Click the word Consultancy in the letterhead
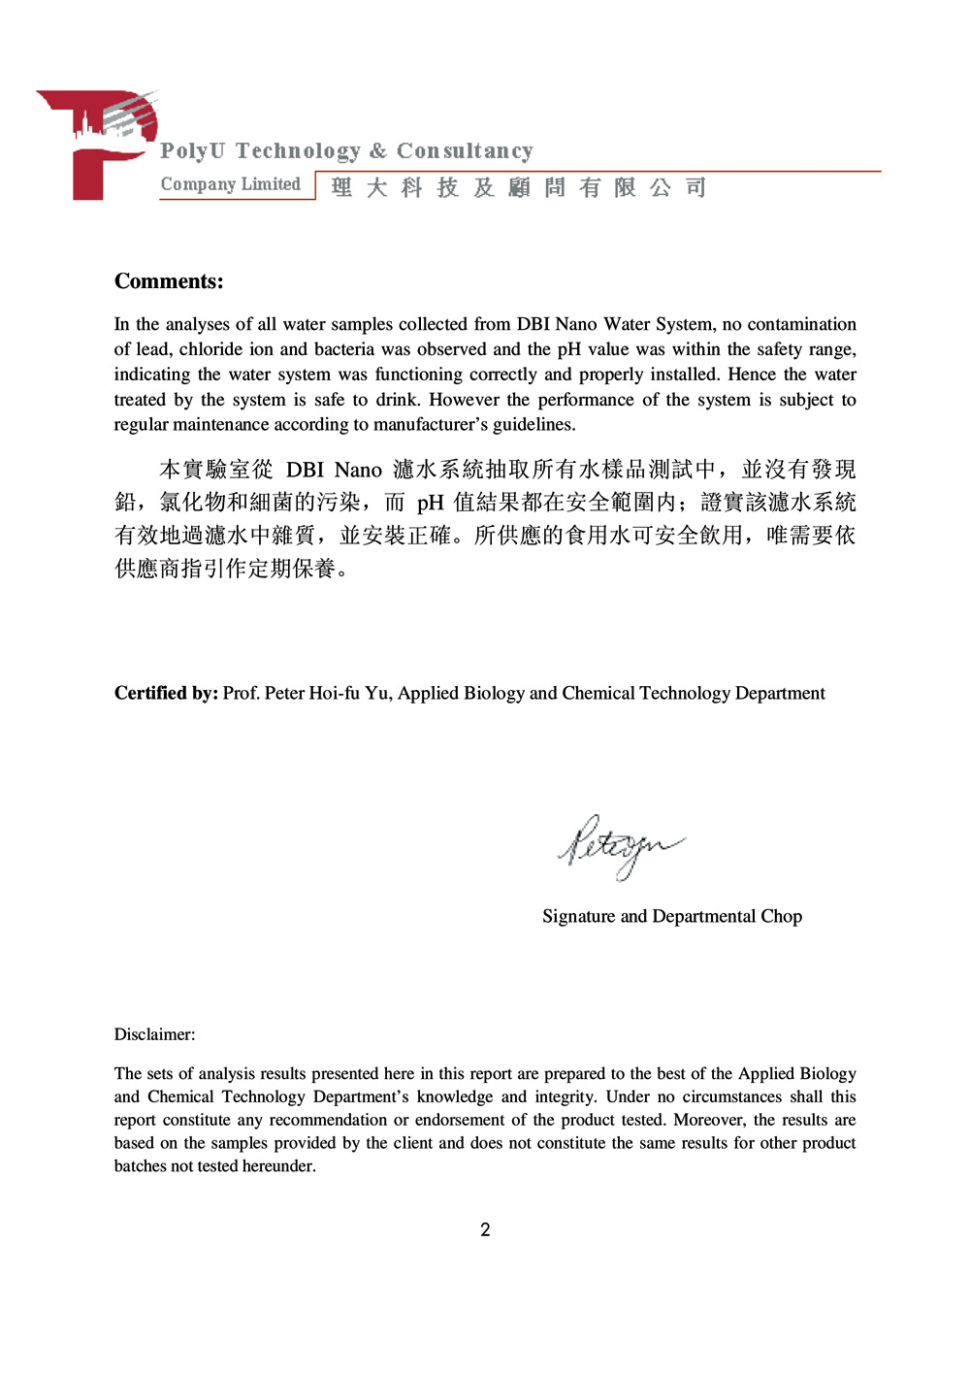click(x=465, y=151)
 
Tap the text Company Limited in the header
click(x=230, y=184)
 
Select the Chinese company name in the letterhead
click(x=518, y=187)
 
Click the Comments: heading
click(x=169, y=281)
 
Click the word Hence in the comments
click(x=753, y=375)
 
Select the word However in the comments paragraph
click(x=464, y=400)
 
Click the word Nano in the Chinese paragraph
click(x=358, y=471)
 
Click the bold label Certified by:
click(x=166, y=694)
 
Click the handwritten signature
click(x=618, y=845)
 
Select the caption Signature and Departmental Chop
click(x=671, y=917)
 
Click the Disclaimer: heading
click(x=154, y=1034)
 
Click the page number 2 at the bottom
click(x=485, y=1230)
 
